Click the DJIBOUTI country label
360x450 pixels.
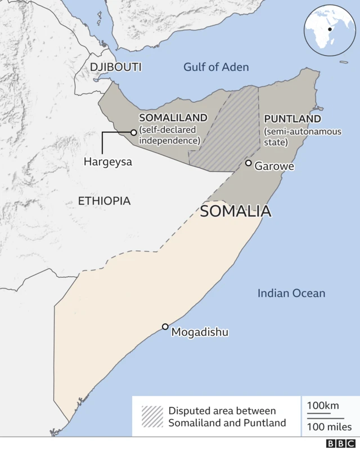tap(115, 67)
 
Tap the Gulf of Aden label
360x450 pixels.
tap(216, 67)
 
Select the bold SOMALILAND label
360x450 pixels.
tap(173, 118)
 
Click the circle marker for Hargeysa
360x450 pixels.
tap(133, 132)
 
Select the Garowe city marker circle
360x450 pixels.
tap(248, 163)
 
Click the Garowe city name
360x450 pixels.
tap(274, 166)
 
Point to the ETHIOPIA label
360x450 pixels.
tap(104, 201)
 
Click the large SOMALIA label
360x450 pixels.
tap(236, 211)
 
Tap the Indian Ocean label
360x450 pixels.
tap(291, 293)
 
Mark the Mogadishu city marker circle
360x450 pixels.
tap(165, 327)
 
